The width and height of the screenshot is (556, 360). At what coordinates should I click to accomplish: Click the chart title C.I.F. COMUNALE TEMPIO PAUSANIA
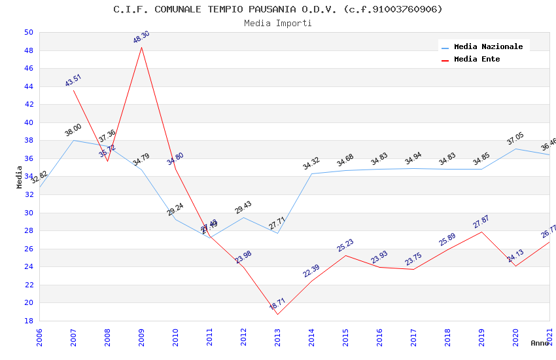[278, 9]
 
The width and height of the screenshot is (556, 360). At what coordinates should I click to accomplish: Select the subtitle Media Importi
[278, 23]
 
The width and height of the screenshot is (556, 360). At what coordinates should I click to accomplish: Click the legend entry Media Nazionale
[488, 46]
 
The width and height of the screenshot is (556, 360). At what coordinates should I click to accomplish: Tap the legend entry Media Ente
[477, 59]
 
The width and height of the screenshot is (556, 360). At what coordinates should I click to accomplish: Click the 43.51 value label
[73, 80]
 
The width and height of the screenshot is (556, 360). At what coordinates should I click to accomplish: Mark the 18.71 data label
[277, 304]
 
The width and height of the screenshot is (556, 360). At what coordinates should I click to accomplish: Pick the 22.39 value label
[311, 270]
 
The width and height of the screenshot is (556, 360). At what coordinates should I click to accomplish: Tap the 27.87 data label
[481, 221]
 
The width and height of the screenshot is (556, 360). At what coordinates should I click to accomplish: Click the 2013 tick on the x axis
[277, 338]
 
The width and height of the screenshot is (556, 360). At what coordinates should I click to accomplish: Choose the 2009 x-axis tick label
[141, 338]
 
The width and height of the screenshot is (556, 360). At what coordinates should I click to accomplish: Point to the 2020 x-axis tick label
[515, 338]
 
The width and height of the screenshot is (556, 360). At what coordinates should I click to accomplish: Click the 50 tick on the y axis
[29, 32]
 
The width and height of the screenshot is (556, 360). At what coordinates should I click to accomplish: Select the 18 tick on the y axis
[29, 321]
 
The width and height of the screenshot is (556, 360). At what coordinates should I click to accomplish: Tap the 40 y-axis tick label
[29, 122]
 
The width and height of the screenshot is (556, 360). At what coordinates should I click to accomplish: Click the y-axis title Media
[19, 176]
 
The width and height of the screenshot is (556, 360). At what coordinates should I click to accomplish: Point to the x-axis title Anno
[539, 342]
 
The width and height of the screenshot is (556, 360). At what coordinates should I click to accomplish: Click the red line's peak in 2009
[141, 47]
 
